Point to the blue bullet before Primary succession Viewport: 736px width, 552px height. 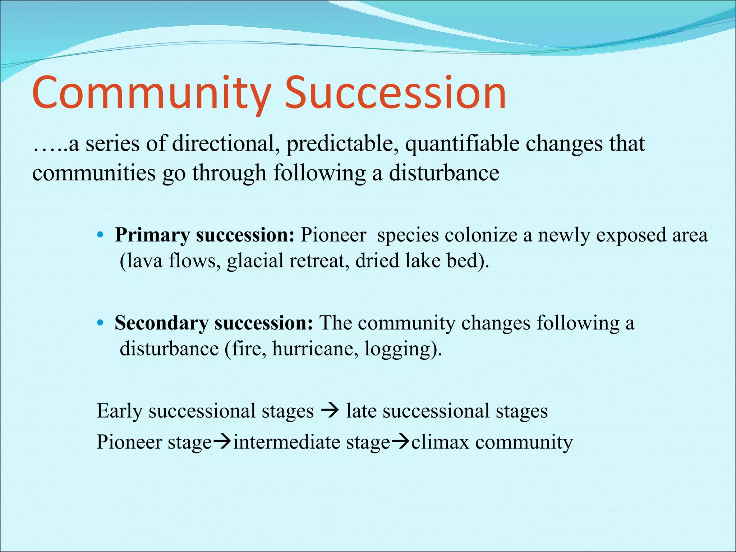tap(100, 235)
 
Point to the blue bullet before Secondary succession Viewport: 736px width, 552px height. tap(100, 323)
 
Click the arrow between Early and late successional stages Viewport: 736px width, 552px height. tap(330, 410)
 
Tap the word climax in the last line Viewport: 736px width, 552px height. tap(440, 442)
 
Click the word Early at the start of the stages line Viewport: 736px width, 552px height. tap(120, 411)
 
